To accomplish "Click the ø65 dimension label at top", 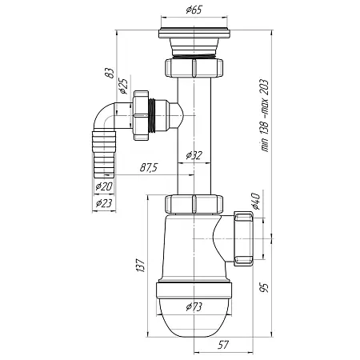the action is [x=194, y=10].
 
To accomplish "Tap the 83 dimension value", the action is [x=110, y=73].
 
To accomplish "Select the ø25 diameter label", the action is [x=124, y=86].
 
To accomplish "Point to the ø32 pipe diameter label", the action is [x=194, y=155].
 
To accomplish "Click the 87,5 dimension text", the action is [x=149, y=168].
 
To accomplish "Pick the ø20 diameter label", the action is [x=104, y=186].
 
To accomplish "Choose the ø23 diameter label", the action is [x=104, y=203].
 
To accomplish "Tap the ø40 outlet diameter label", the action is [x=255, y=201].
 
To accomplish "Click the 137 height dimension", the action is [x=141, y=265].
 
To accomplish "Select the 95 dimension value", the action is [x=264, y=288].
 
